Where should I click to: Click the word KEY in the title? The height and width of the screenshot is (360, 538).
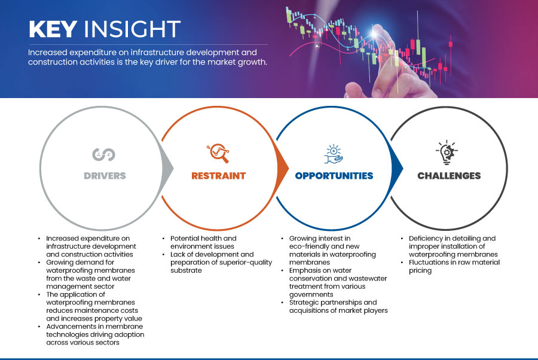(x=53, y=29)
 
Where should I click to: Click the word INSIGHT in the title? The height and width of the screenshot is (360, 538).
(x=132, y=29)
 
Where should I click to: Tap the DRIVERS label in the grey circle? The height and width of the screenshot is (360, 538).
(x=105, y=176)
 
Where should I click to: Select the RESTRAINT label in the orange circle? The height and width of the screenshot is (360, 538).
(x=219, y=176)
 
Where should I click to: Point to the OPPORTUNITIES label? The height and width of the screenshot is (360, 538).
(x=334, y=176)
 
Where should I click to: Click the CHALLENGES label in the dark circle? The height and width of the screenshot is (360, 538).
(x=449, y=176)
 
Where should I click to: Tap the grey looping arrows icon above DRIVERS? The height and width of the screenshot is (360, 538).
(x=103, y=154)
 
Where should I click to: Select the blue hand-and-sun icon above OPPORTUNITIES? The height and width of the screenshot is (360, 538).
(x=334, y=154)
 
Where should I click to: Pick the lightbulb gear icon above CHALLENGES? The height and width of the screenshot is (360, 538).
(x=447, y=152)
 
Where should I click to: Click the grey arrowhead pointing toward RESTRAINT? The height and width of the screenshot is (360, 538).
(x=167, y=168)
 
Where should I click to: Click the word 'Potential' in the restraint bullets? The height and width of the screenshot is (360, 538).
(x=184, y=238)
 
